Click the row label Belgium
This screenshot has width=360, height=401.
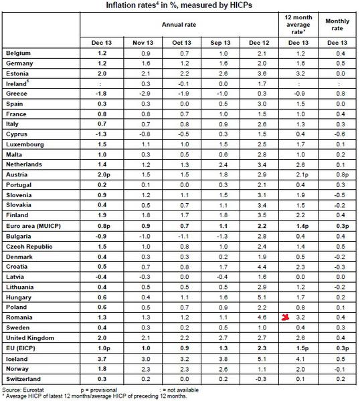tap(18, 52)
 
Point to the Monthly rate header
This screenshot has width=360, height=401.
tap(339, 24)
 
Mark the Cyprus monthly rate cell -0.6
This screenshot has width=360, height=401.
tap(339, 134)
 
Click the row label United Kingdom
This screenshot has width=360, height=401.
tap(29, 338)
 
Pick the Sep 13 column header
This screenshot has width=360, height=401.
tap(212, 41)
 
